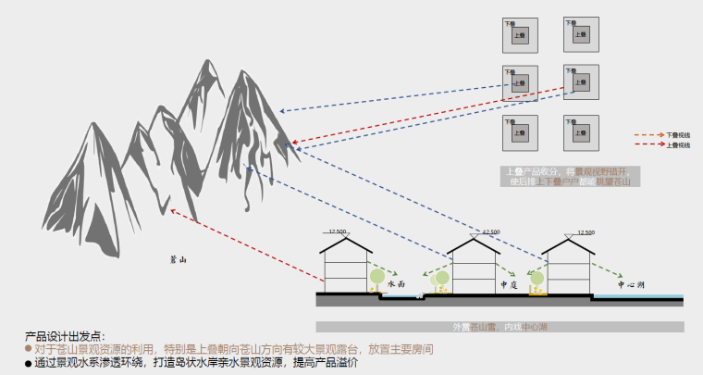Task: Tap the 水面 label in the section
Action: pyautogui.click(x=398, y=284)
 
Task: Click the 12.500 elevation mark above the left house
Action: pyautogui.click(x=338, y=231)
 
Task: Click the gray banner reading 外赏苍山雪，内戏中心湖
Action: pyautogui.click(x=499, y=327)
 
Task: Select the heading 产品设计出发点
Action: pyautogui.click(x=65, y=336)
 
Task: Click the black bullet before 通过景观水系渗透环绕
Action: pyautogui.click(x=29, y=364)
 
